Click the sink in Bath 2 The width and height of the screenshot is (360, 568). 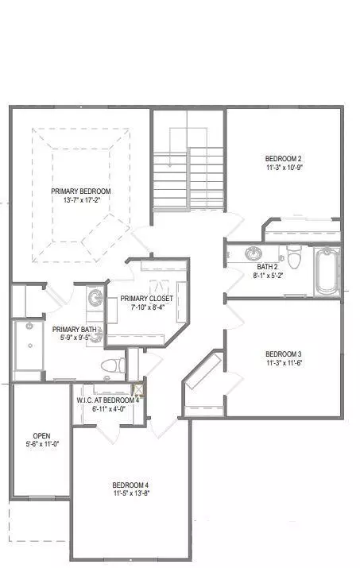point(253,254)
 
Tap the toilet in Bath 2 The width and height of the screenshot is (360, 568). point(295,257)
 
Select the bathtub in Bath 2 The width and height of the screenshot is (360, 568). point(327,270)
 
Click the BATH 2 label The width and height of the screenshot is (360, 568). point(265,267)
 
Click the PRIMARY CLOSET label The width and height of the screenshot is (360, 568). point(146,299)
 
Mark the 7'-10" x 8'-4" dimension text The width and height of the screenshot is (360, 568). point(146,309)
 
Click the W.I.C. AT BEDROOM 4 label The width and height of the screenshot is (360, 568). point(108,400)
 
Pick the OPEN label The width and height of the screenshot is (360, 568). point(41,436)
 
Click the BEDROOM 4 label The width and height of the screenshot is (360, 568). point(130,485)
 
